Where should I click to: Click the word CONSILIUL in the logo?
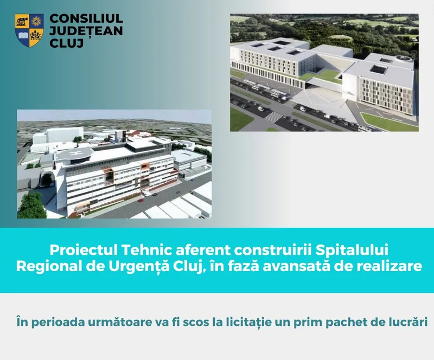[x=86, y=18]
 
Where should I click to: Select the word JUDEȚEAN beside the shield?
[x=86, y=31]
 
